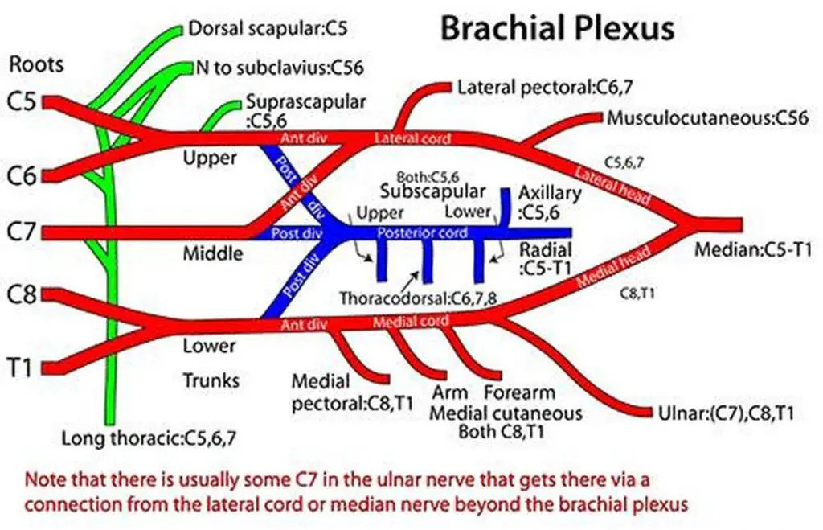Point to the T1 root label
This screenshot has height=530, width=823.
(x=22, y=367)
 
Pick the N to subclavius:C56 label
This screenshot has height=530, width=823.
(x=279, y=67)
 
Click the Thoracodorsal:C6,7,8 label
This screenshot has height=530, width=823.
(x=417, y=297)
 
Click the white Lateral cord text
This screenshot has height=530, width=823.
(x=412, y=138)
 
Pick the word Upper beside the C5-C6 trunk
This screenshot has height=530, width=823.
(x=210, y=158)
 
